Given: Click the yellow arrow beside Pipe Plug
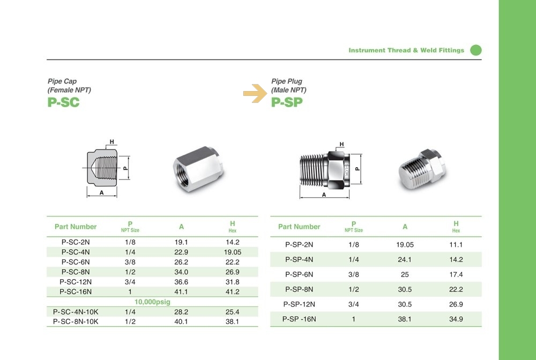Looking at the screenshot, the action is [255, 93].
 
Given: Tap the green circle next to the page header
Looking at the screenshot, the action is [476, 50].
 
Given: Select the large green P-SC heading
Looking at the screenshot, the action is [64, 102].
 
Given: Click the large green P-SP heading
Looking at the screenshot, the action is [287, 102].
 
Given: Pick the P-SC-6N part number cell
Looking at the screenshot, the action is [76, 262].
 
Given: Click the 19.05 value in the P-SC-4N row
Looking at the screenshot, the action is [233, 252].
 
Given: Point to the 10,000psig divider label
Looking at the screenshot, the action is [152, 302].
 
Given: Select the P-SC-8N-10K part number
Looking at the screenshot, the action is [76, 321].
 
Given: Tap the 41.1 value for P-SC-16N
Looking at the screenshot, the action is [181, 291].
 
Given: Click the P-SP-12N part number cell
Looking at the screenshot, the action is [299, 304].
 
